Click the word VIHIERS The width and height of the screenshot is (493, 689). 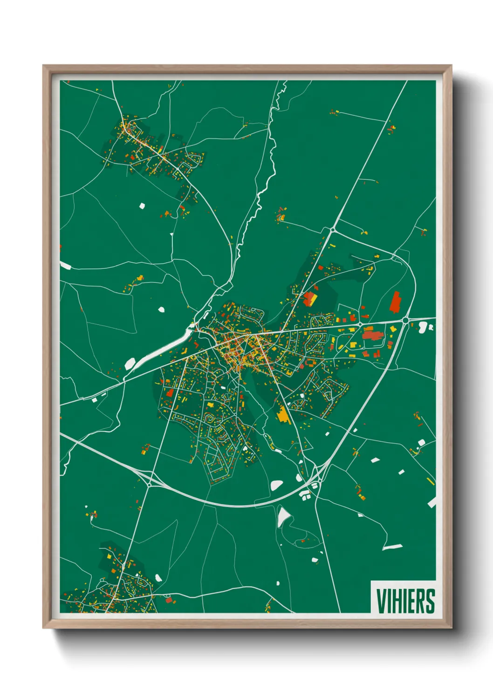coord(405,601)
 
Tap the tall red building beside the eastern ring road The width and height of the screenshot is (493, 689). coord(395,302)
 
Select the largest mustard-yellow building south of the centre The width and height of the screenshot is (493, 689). coord(283,414)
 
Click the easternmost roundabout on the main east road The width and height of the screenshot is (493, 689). coord(405,320)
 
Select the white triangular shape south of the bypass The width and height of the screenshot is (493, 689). coord(283,516)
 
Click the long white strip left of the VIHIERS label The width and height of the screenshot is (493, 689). coord(392,547)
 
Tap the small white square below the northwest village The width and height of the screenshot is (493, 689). coord(142,205)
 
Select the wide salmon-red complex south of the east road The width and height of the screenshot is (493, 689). coord(372,336)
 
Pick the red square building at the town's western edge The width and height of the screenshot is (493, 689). coord(170,392)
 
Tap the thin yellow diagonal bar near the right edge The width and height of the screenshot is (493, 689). coord(430,481)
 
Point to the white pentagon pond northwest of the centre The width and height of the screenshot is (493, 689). coord(161,309)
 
